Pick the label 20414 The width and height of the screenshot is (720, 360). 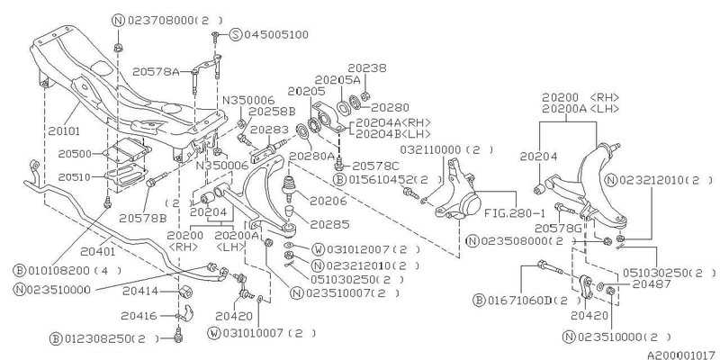click(x=139, y=293)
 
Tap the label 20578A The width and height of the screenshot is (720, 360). click(x=181, y=68)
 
